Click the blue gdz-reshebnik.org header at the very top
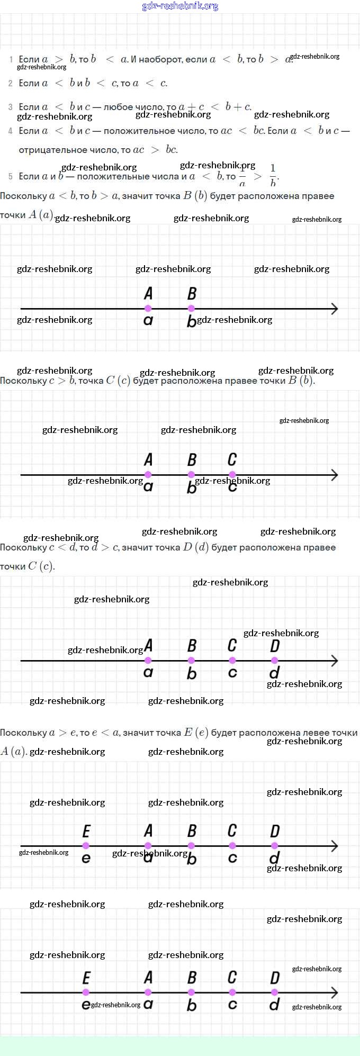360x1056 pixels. tap(180, 6)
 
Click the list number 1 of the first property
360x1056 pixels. tap(11, 60)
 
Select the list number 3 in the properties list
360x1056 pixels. tap(11, 107)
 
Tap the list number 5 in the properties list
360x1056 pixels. tap(11, 177)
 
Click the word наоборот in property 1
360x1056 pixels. tap(161, 60)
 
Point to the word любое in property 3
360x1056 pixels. tap(119, 107)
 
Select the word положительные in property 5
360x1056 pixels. tap(109, 177)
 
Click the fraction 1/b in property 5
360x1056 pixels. tap(273, 176)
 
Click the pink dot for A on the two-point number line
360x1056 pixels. tap(148, 308)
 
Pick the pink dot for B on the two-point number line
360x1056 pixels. tap(191, 308)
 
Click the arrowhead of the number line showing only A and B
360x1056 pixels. tap(334, 309)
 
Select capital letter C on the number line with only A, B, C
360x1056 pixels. tap(232, 459)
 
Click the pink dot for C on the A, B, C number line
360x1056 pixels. tap(232, 475)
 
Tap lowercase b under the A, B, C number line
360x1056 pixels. tap(192, 488)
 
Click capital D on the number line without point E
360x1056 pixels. tap(274, 646)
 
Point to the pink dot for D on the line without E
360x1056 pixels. tap(274, 661)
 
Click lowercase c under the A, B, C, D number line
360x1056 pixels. tap(232, 673)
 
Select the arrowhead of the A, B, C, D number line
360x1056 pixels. tap(334, 661)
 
